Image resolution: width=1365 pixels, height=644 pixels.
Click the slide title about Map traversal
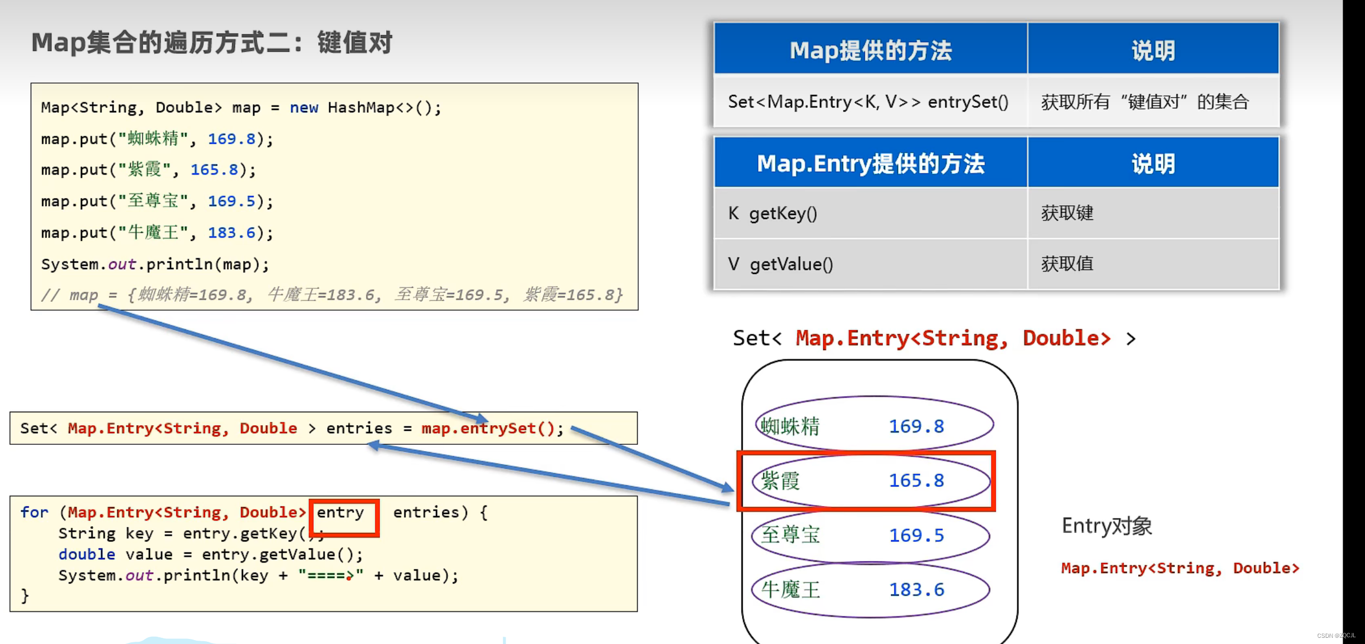[212, 43]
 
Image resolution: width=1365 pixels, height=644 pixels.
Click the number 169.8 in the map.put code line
[231, 139]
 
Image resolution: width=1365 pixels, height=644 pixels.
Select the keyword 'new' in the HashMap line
[304, 107]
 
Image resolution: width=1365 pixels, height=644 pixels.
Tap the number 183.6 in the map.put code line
[231, 232]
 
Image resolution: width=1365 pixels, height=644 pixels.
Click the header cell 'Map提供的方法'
[871, 50]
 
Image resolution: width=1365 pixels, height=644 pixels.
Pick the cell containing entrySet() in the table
[868, 102]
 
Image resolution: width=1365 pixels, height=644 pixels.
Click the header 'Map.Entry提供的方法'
[871, 164]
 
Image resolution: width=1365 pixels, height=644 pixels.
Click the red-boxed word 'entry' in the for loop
[341, 512]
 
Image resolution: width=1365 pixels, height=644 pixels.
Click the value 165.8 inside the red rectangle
[917, 481]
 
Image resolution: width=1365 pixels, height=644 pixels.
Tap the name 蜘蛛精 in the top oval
[790, 426]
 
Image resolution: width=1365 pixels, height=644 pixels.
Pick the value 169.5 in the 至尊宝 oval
[917, 535]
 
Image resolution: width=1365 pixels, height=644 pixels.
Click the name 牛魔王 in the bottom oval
[790, 590]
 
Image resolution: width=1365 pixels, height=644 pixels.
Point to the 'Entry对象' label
[1107, 526]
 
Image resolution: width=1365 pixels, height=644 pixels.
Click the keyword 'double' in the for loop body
[86, 554]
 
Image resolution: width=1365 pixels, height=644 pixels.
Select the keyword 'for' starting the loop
[34, 512]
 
